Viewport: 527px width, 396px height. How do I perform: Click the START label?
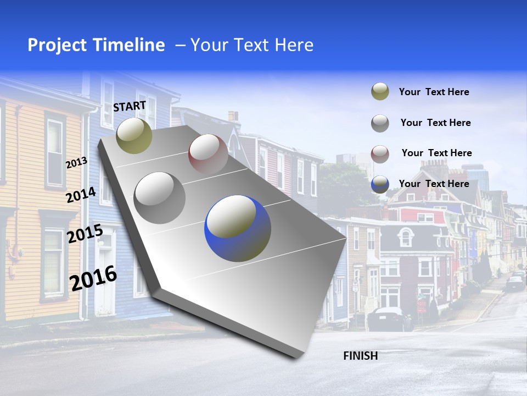click(x=130, y=106)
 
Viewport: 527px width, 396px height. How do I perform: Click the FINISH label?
click(x=360, y=356)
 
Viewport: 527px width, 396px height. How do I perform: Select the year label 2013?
click(x=76, y=162)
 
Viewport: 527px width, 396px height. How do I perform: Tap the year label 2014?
click(x=81, y=195)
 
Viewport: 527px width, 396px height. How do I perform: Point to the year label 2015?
click(x=85, y=234)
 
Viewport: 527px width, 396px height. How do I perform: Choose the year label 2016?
click(x=93, y=278)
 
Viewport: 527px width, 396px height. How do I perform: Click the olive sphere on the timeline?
click(x=134, y=135)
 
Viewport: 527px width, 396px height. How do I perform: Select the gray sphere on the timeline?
click(x=160, y=197)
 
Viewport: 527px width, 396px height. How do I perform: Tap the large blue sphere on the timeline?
click(x=238, y=228)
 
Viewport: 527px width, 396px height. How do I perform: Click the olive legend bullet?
click(x=380, y=92)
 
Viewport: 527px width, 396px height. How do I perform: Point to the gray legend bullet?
click(x=380, y=123)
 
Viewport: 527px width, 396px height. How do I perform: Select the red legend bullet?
click(x=380, y=153)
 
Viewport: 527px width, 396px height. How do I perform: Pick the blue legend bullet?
click(x=380, y=184)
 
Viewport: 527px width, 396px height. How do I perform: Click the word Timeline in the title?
click(x=130, y=45)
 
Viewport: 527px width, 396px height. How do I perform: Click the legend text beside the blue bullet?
click(x=434, y=184)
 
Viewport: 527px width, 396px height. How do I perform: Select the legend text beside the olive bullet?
click(x=434, y=92)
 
